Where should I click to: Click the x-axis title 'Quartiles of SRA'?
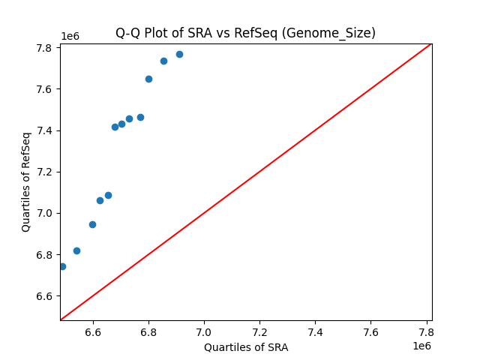click(246, 347)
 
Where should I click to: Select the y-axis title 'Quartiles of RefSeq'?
click(26, 181)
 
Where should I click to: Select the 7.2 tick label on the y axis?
click(43, 172)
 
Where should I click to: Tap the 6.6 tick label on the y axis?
click(43, 296)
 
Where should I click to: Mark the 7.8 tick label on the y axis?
click(43, 48)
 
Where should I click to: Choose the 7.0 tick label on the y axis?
click(43, 214)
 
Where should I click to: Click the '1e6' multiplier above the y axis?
click(70, 36)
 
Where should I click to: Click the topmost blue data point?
click(179, 54)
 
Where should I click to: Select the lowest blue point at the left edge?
click(62, 266)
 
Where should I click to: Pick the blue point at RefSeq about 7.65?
click(148, 79)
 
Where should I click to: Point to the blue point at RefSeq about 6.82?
click(76, 250)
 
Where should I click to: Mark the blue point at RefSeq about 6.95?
click(92, 224)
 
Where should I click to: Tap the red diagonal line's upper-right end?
click(430, 44)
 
